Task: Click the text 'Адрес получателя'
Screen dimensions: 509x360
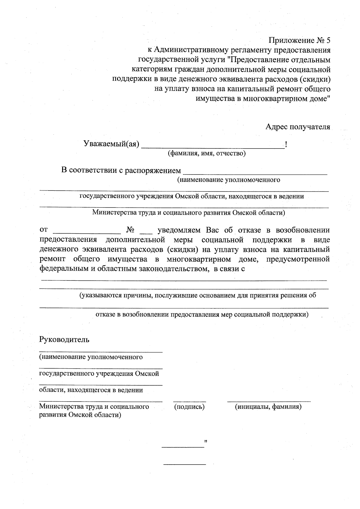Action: pos(298,127)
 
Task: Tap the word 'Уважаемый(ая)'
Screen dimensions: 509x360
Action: pos(111,144)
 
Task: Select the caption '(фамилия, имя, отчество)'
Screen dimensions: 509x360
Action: pos(206,154)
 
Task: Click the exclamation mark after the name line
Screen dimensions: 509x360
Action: pos(286,145)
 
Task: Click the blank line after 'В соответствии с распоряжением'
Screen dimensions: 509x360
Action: pos(255,173)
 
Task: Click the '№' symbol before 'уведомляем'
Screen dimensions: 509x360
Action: pos(130,230)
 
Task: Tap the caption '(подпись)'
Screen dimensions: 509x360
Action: pos(189,407)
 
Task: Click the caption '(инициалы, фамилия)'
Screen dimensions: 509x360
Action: pos(268,407)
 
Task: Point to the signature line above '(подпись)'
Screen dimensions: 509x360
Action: pos(189,401)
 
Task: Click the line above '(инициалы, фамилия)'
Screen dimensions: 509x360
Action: pos(269,401)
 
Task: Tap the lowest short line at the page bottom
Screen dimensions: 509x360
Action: pos(184,464)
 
